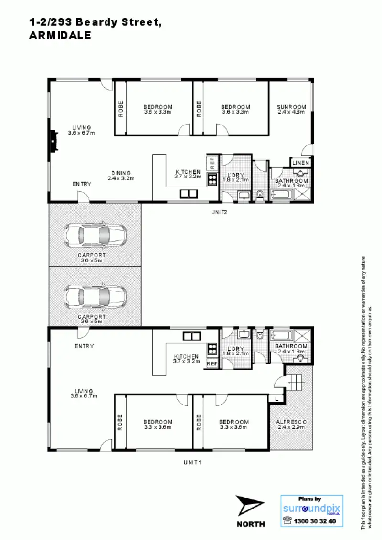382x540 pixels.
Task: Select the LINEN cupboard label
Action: tap(300, 163)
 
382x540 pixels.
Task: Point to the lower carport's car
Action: tap(95, 296)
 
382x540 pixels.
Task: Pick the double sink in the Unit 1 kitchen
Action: tap(191, 336)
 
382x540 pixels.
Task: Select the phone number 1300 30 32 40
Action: tap(316, 521)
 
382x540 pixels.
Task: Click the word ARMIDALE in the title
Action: tap(60, 35)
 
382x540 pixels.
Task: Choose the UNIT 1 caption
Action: tap(193, 462)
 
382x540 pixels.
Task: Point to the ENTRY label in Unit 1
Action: tap(84, 346)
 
